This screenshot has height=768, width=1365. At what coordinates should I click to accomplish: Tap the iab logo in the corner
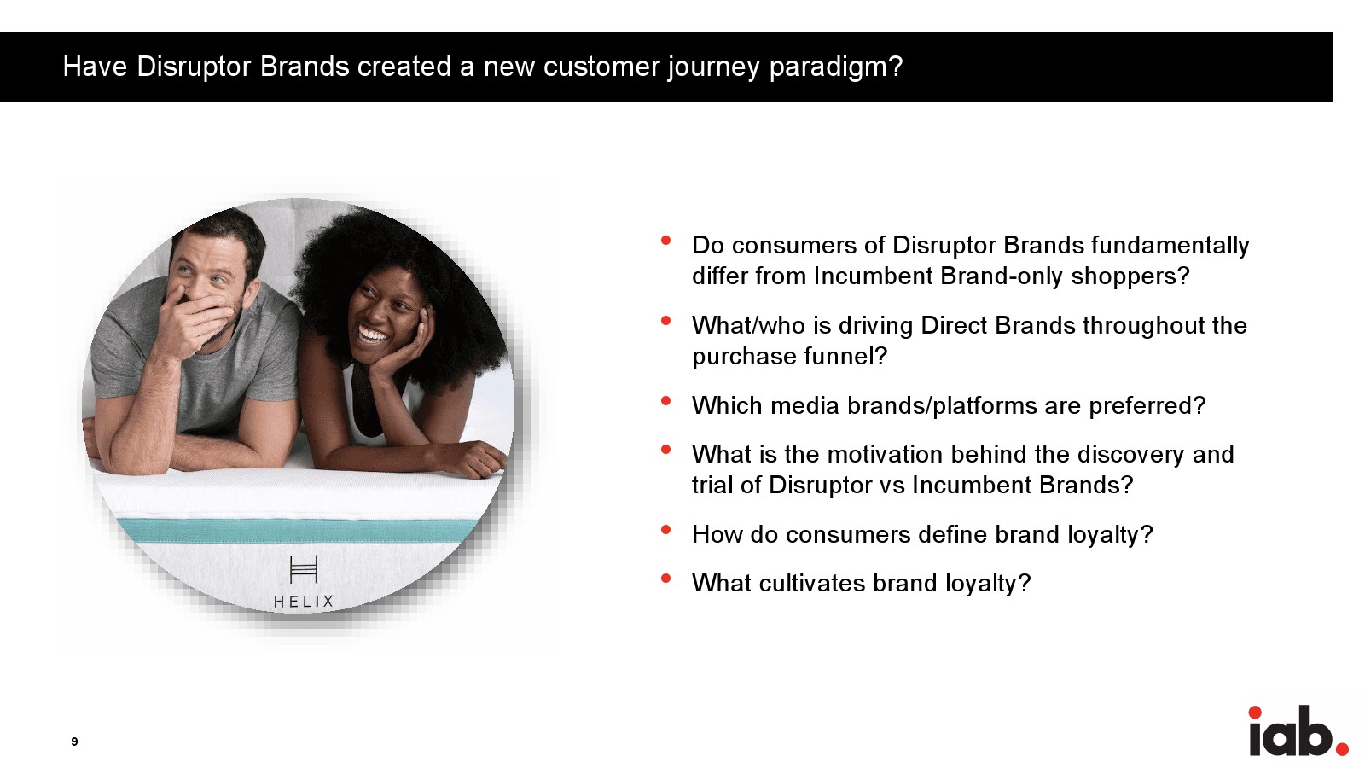click(x=1298, y=730)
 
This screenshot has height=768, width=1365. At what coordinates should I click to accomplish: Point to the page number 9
click(x=74, y=742)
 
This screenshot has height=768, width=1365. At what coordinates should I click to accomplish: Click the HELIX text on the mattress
click(x=304, y=602)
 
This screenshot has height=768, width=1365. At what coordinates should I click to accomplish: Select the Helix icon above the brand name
click(x=304, y=569)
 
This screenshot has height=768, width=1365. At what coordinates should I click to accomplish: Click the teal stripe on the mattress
click(x=299, y=530)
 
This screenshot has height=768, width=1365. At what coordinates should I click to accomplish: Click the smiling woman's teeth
click(x=373, y=335)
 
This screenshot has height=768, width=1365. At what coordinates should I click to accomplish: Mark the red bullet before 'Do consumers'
click(x=665, y=241)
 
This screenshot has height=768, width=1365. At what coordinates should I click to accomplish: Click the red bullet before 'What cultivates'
click(x=665, y=579)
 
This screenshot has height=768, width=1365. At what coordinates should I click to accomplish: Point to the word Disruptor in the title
click(x=194, y=67)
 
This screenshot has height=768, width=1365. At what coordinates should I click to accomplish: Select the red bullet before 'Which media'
click(x=665, y=401)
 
